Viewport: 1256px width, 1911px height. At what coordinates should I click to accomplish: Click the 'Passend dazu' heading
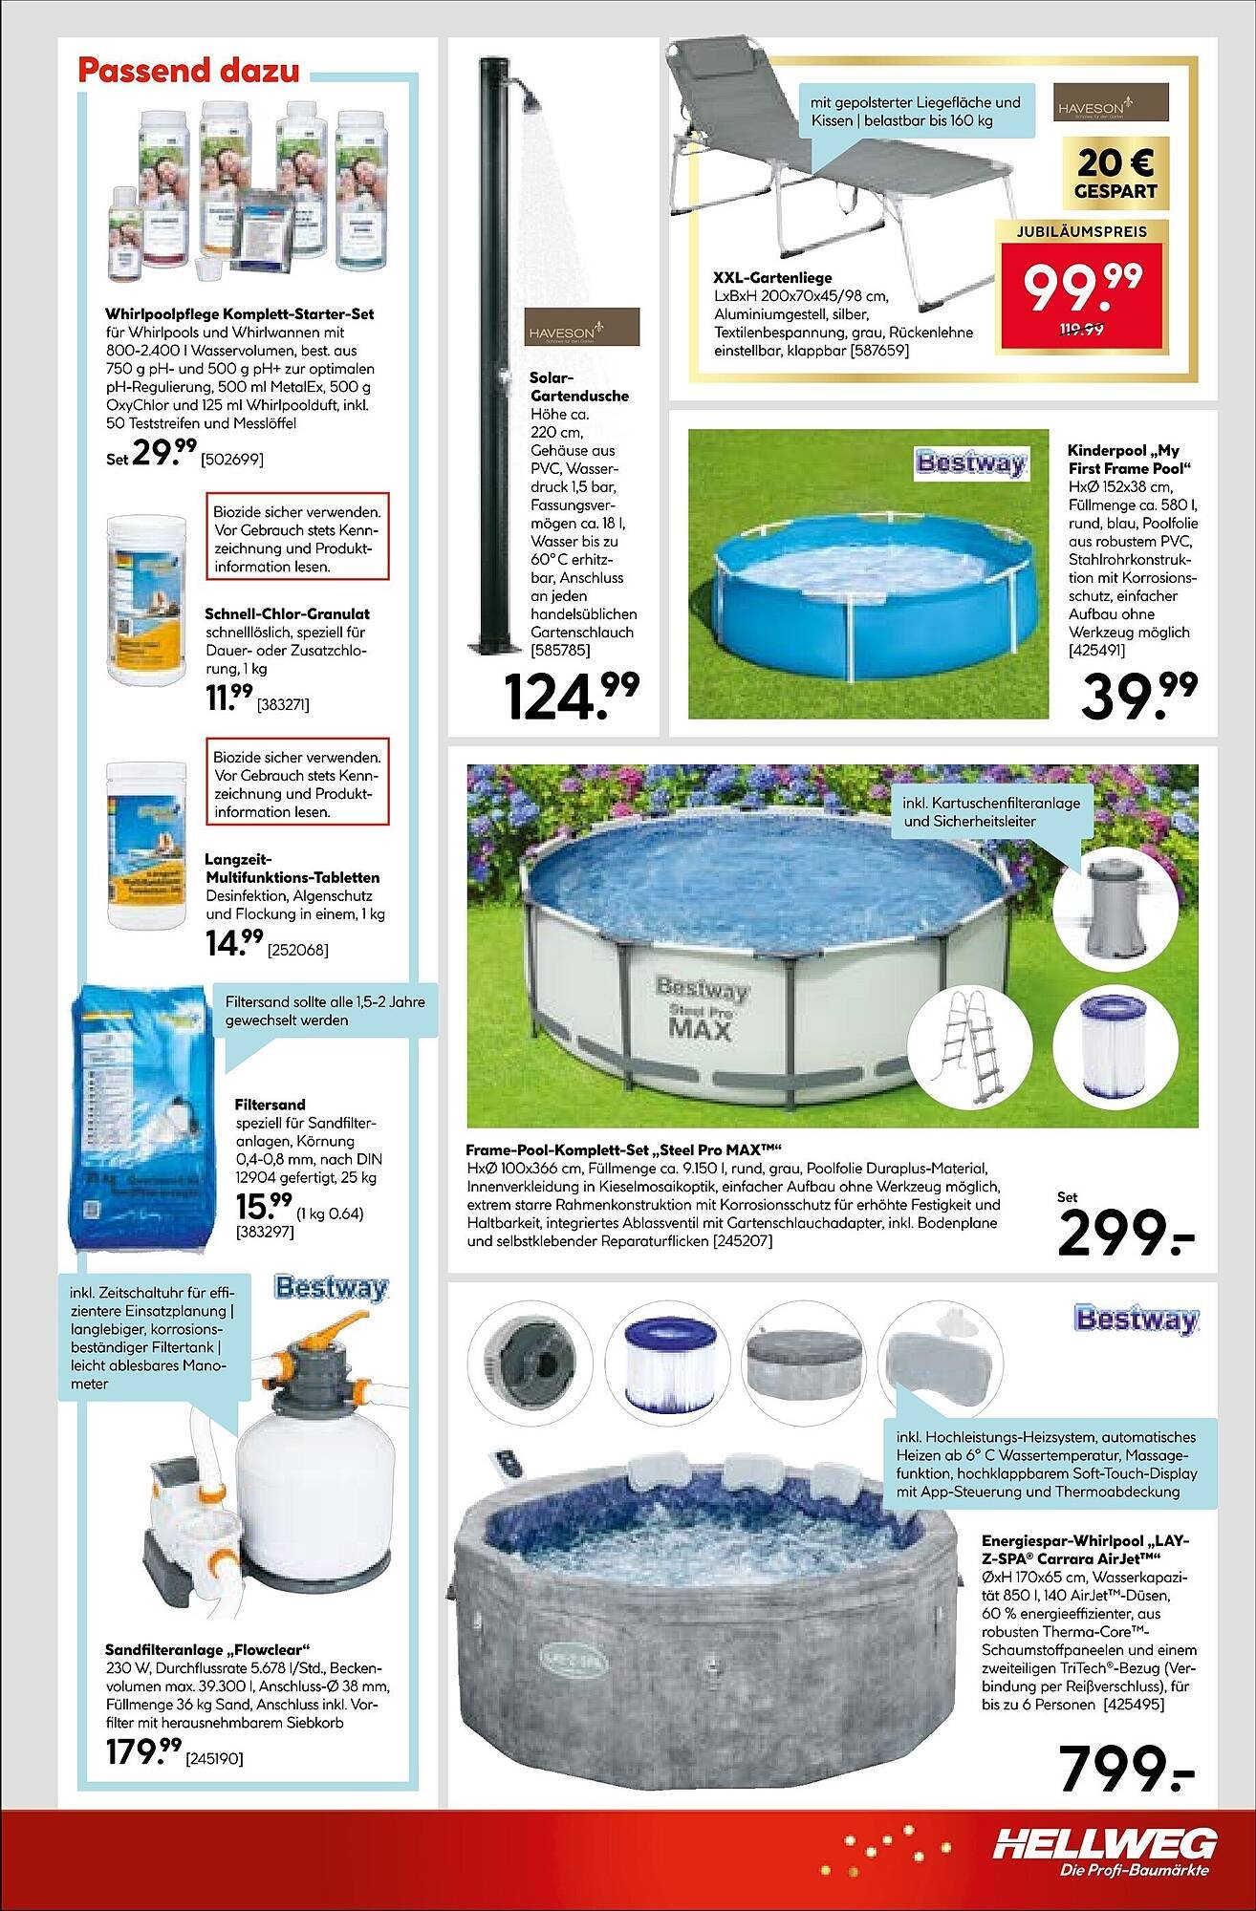tap(188, 72)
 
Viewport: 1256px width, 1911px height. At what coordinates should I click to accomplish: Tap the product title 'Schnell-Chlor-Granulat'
tap(287, 613)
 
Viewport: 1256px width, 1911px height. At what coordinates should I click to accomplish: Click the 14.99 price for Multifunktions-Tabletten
tap(233, 945)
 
